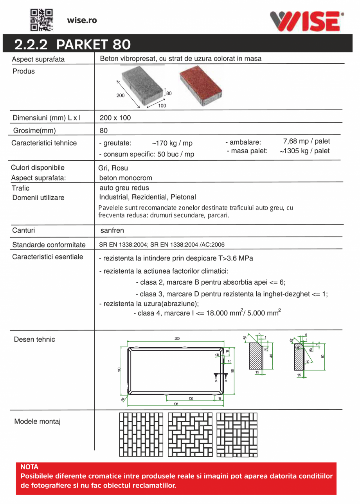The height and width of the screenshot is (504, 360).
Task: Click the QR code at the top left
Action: pyautogui.click(x=42, y=20)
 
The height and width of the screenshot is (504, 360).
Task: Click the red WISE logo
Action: pyautogui.click(x=306, y=21)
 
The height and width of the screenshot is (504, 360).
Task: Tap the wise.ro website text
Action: pyautogui.click(x=82, y=20)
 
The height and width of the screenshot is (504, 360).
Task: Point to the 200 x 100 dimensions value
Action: pyautogui.click(x=115, y=118)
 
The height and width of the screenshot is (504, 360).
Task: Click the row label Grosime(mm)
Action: pyautogui.click(x=34, y=130)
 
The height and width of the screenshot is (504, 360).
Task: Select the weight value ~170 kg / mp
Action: pyautogui.click(x=172, y=143)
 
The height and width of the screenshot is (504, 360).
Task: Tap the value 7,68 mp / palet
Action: pyautogui.click(x=306, y=141)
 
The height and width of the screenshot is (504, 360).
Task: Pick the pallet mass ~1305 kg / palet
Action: pyautogui.click(x=304, y=151)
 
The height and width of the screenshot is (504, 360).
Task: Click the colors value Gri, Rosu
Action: pyautogui.click(x=113, y=169)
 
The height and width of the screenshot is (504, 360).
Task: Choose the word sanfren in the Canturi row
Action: pyautogui.click(x=112, y=231)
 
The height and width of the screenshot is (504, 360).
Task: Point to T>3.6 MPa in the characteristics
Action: pyautogui.click(x=235, y=258)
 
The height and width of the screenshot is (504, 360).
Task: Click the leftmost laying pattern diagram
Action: pyautogui.click(x=141, y=434)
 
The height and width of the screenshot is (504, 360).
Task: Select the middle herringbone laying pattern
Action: pyautogui.click(x=190, y=434)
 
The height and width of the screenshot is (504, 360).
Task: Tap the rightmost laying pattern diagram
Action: pyautogui.click(x=237, y=434)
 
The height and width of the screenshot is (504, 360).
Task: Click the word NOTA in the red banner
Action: pyautogui.click(x=29, y=467)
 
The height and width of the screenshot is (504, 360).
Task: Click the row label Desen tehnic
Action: pyautogui.click(x=34, y=339)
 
